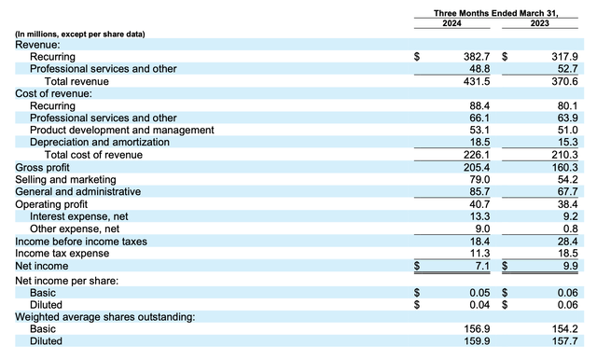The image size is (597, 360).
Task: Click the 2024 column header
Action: pyautogui.click(x=452, y=24)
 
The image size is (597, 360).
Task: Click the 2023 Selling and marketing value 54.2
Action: pyautogui.click(x=554, y=179)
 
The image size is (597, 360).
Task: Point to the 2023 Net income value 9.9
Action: pyautogui.click(x=557, y=265)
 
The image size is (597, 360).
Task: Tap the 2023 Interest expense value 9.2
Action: pyautogui.click(x=557, y=215)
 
